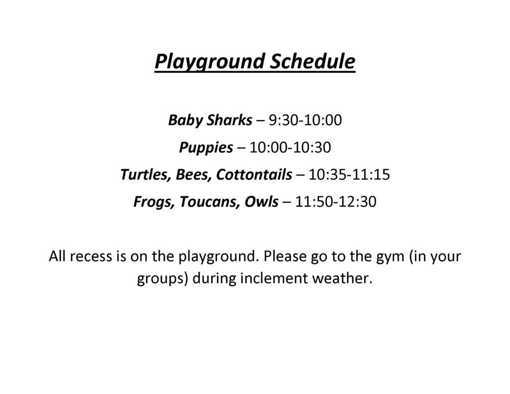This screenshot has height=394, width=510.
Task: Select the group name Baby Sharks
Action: click(210, 120)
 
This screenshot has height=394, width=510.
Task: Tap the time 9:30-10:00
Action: click(305, 120)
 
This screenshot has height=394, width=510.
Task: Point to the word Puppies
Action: click(206, 148)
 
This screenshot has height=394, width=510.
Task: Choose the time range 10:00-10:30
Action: click(290, 147)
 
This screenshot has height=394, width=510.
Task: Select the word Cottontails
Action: click(254, 175)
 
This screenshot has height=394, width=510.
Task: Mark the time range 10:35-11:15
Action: click(349, 175)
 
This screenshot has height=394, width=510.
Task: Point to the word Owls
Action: click(261, 202)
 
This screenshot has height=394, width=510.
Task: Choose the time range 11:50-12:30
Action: click(336, 202)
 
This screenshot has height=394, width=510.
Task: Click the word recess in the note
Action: click(91, 257)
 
